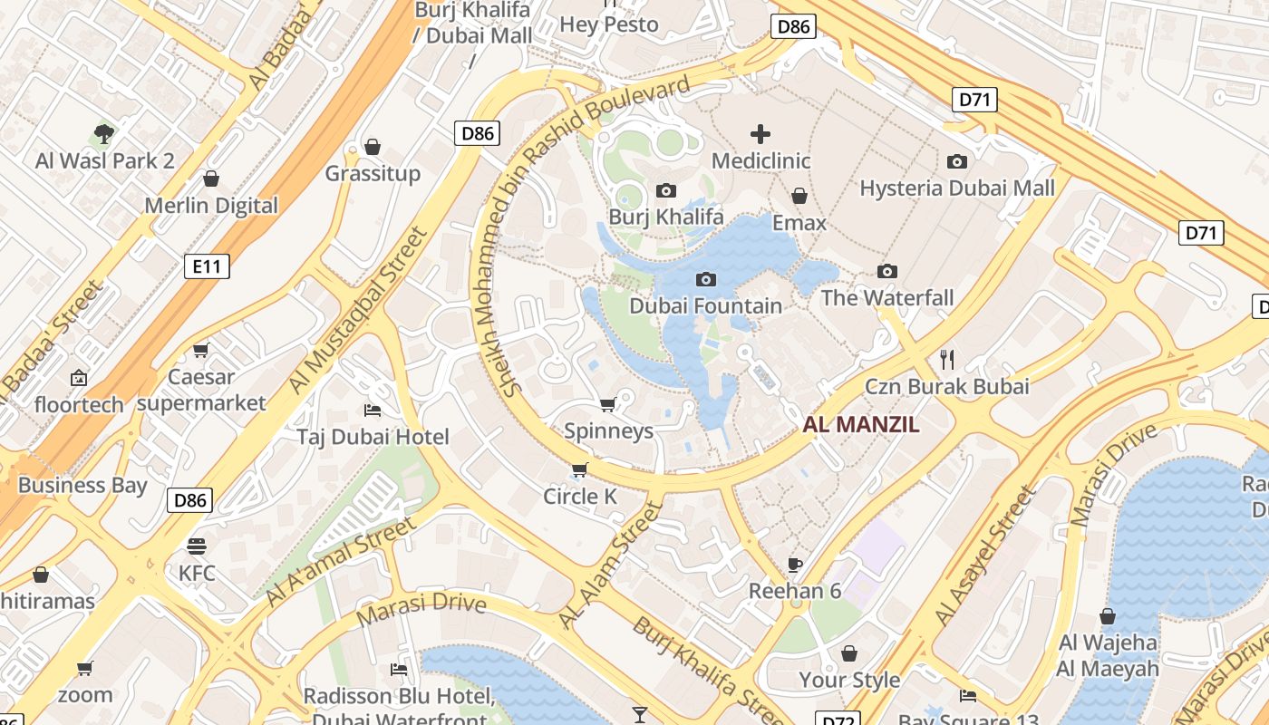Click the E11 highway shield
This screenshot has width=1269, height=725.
point(207,266)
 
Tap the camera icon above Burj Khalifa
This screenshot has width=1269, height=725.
point(666,190)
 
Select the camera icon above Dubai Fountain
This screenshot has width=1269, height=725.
point(705,279)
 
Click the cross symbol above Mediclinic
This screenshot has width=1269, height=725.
point(760,135)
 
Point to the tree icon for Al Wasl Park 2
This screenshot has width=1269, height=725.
point(104,135)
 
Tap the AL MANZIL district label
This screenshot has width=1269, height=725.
point(861,424)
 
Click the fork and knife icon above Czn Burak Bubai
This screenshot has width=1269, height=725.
point(947,359)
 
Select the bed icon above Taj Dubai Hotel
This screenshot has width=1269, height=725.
point(372,411)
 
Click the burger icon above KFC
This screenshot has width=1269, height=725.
point(197,546)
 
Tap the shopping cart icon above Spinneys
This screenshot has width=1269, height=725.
point(608,403)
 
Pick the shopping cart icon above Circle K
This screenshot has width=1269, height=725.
point(579,469)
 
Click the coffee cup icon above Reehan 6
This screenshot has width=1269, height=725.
point(795,565)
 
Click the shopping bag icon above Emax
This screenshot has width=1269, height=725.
point(799,196)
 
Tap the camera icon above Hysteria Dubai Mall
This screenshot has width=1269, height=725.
point(956,161)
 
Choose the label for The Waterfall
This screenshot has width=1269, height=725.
point(887,297)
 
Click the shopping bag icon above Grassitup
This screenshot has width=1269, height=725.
point(372,147)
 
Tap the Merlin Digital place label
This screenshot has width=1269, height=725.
point(211,206)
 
